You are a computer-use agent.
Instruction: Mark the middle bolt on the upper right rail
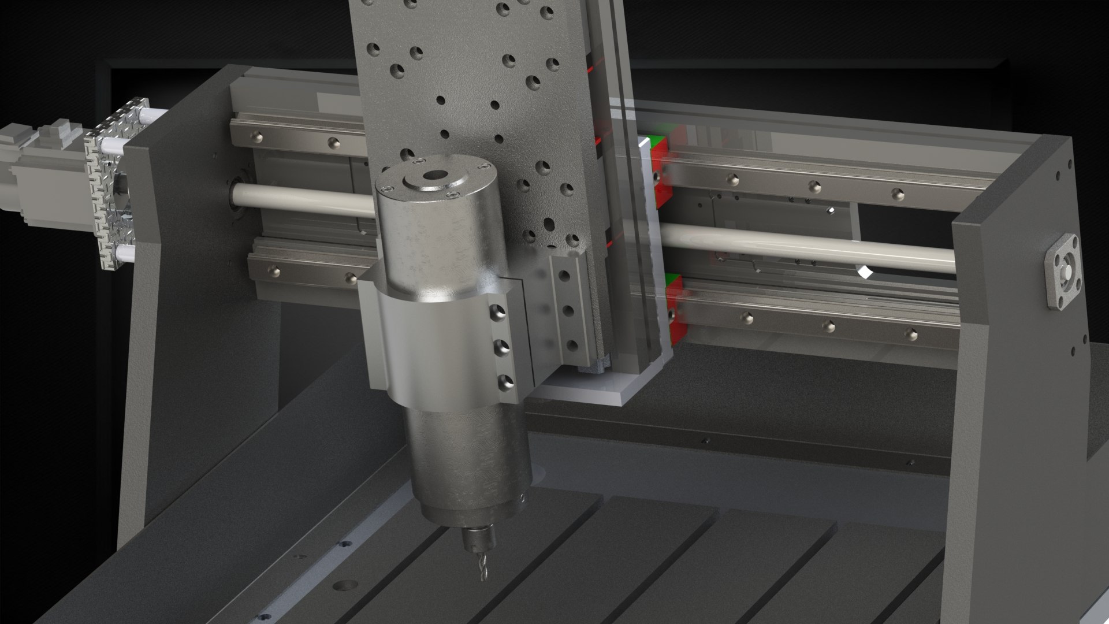pyautogui.click(x=814, y=186)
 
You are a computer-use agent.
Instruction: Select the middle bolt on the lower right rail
pyautogui.click(x=829, y=326)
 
